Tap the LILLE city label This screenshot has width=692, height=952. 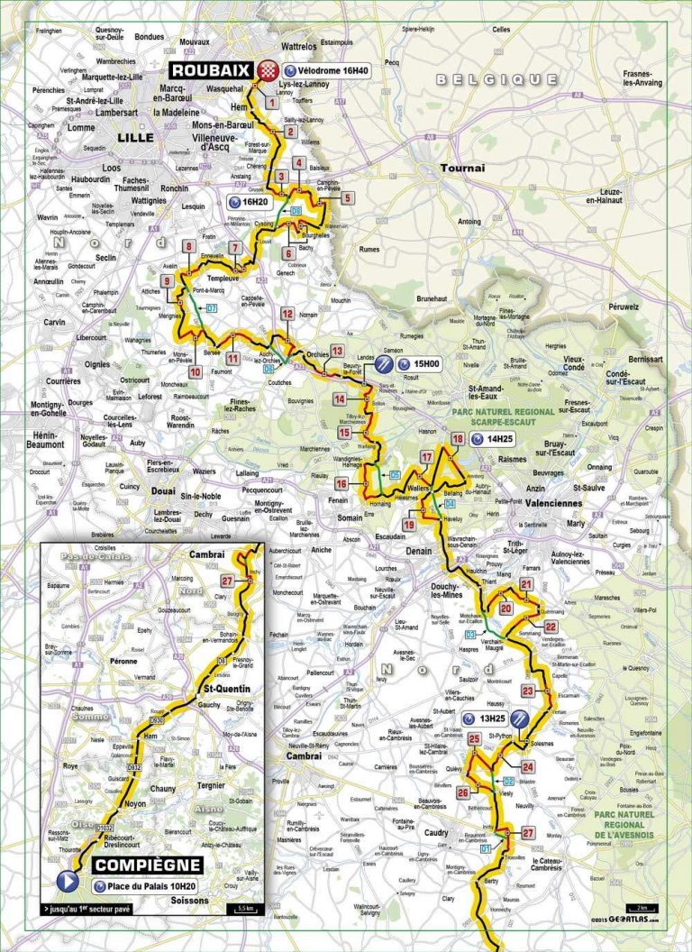[x=135, y=137]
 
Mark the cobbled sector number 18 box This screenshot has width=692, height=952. [x=458, y=439]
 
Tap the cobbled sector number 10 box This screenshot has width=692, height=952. [x=195, y=371]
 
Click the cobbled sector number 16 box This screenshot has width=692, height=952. [x=341, y=484]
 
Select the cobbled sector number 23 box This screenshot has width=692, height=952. [x=528, y=691]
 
